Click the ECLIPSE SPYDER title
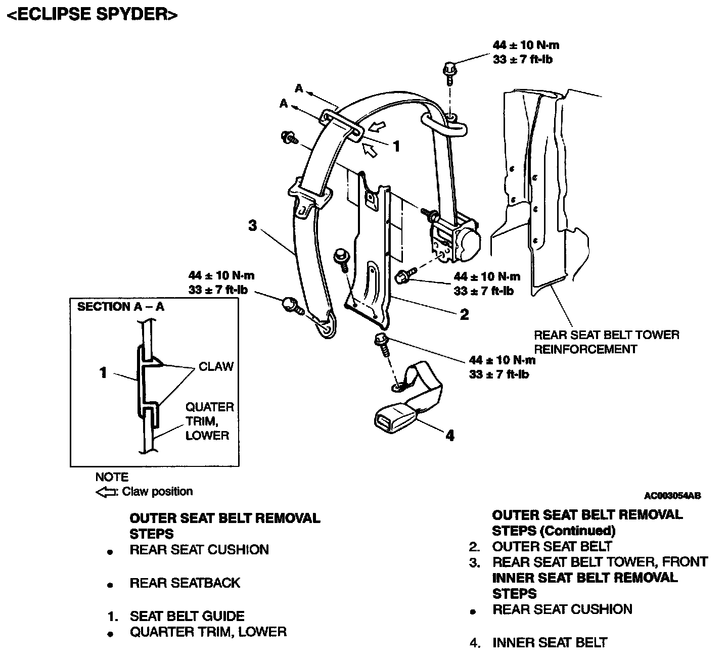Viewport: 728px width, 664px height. (x=92, y=15)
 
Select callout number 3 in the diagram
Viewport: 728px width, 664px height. (x=252, y=225)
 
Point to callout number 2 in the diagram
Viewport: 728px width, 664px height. (x=464, y=314)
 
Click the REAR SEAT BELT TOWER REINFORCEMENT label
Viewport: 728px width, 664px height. (x=606, y=342)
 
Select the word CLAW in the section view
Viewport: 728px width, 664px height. (x=216, y=366)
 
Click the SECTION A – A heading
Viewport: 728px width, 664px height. (x=120, y=307)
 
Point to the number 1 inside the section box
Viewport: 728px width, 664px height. (x=103, y=373)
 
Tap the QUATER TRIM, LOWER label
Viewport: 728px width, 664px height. (x=209, y=421)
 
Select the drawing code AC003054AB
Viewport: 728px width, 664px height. (x=672, y=496)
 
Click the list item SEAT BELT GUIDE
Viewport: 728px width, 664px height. (x=187, y=616)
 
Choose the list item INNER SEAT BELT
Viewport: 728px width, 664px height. (x=550, y=643)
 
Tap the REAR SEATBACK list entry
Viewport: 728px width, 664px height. (x=185, y=583)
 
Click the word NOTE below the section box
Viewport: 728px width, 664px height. (x=112, y=477)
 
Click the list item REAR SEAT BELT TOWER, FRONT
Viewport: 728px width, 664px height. (x=600, y=562)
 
